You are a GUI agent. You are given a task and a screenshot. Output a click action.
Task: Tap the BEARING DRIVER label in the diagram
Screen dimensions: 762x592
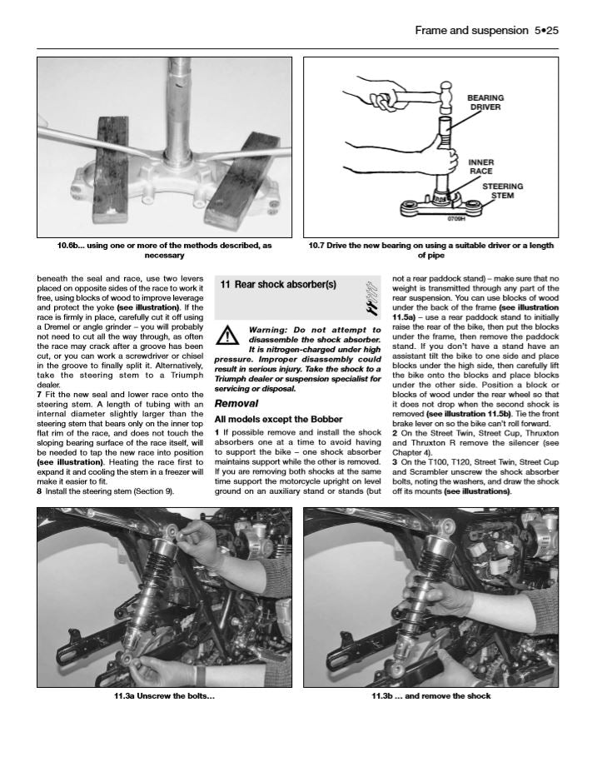485,102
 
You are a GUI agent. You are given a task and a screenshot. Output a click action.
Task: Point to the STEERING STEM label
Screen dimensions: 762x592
504,192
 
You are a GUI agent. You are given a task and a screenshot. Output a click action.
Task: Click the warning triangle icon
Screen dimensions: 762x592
226,335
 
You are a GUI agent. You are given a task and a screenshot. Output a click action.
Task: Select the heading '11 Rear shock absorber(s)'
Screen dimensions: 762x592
278,284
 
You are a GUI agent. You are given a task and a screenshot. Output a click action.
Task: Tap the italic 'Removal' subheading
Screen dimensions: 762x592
236,403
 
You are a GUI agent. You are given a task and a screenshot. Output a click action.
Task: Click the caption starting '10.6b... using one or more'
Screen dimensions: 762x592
164,251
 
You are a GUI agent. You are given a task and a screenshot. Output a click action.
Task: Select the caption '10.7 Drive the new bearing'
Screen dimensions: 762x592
430,251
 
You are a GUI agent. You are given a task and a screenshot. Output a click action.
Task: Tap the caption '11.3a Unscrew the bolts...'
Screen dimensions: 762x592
164,696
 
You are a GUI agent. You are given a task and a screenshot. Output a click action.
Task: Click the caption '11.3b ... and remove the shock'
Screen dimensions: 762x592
430,696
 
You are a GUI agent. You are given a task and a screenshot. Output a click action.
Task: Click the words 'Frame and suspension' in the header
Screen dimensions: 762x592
470,31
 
